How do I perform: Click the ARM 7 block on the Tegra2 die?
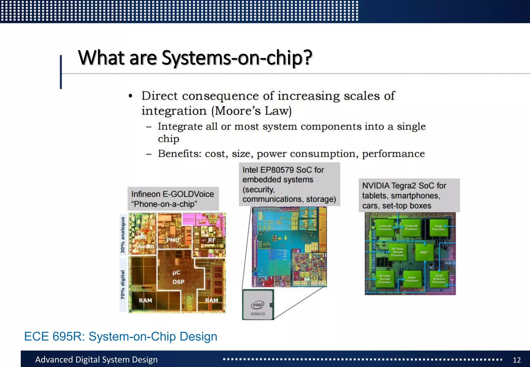[424, 252]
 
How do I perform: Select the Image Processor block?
[438, 228]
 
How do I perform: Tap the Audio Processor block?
[411, 279]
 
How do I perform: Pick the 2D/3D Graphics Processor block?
[439, 279]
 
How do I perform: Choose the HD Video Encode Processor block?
[385, 279]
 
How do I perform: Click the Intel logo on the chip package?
[257, 305]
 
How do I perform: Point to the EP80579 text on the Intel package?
[258, 314]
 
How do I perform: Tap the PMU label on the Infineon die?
[173, 240]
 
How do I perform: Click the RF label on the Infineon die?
[211, 240]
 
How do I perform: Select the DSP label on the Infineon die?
[178, 282]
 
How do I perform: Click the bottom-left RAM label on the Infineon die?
[145, 300]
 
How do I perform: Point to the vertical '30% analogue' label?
[123, 235]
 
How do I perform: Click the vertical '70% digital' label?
[123, 284]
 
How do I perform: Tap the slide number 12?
[517, 360]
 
